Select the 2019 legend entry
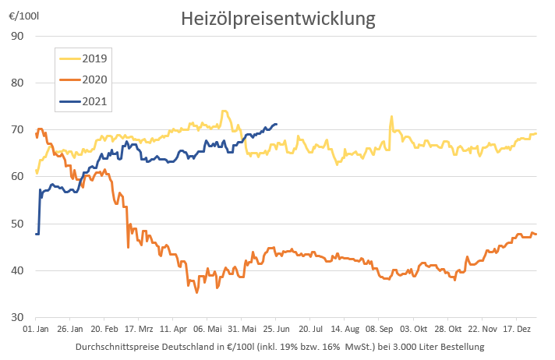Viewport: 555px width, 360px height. pyautogui.click(x=94, y=58)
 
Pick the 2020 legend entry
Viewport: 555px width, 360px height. pyautogui.click(x=94, y=79)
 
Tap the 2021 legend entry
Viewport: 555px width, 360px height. pyautogui.click(x=94, y=101)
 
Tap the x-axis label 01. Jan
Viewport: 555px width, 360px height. pyautogui.click(x=36, y=330)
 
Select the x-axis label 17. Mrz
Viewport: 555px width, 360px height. pyautogui.click(x=138, y=330)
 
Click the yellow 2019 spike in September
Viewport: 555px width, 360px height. pyautogui.click(x=391, y=117)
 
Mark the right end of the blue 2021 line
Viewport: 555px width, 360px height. pyautogui.click(x=277, y=125)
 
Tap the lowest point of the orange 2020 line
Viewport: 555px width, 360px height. pyautogui.click(x=196, y=292)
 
